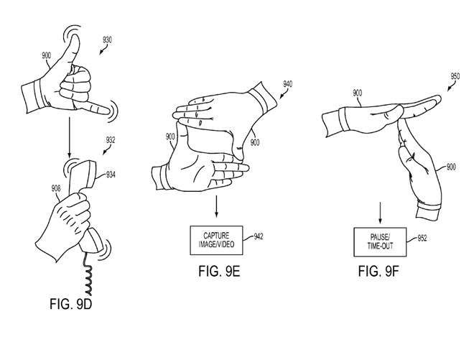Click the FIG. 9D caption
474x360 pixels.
70,304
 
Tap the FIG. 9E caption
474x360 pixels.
219,271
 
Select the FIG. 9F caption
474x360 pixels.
378,271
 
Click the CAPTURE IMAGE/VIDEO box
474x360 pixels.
216,240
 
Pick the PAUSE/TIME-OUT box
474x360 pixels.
380,242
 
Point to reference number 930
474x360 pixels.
107,40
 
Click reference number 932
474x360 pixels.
111,140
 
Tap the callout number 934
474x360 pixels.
111,175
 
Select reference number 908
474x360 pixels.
56,188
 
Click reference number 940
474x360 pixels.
288,84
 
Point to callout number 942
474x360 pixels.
258,236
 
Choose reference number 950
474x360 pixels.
455,76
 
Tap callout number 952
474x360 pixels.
422,239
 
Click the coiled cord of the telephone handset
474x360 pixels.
88,274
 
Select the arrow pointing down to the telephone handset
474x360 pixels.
70,138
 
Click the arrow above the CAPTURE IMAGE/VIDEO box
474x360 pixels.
216,206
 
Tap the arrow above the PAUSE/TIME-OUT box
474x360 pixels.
380,213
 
